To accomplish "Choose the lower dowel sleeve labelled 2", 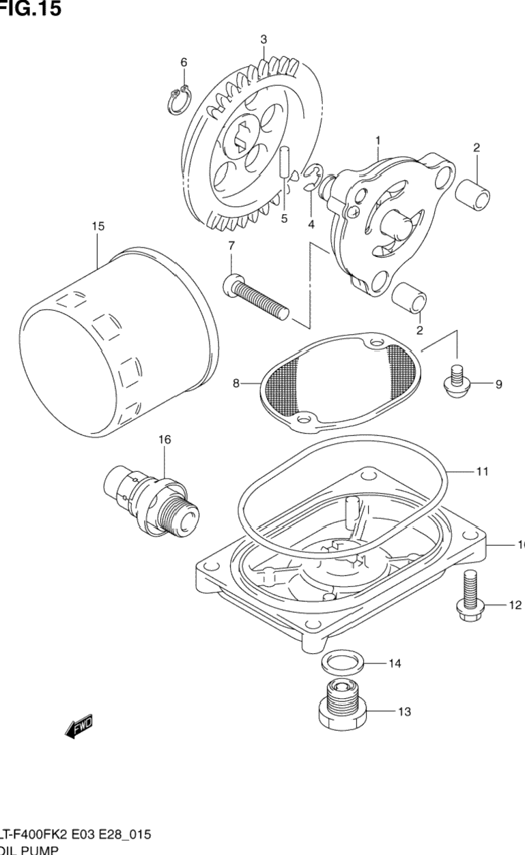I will (x=410, y=299).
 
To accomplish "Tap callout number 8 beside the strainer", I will (x=236, y=384).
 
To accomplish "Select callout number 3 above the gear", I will (x=264, y=39).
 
